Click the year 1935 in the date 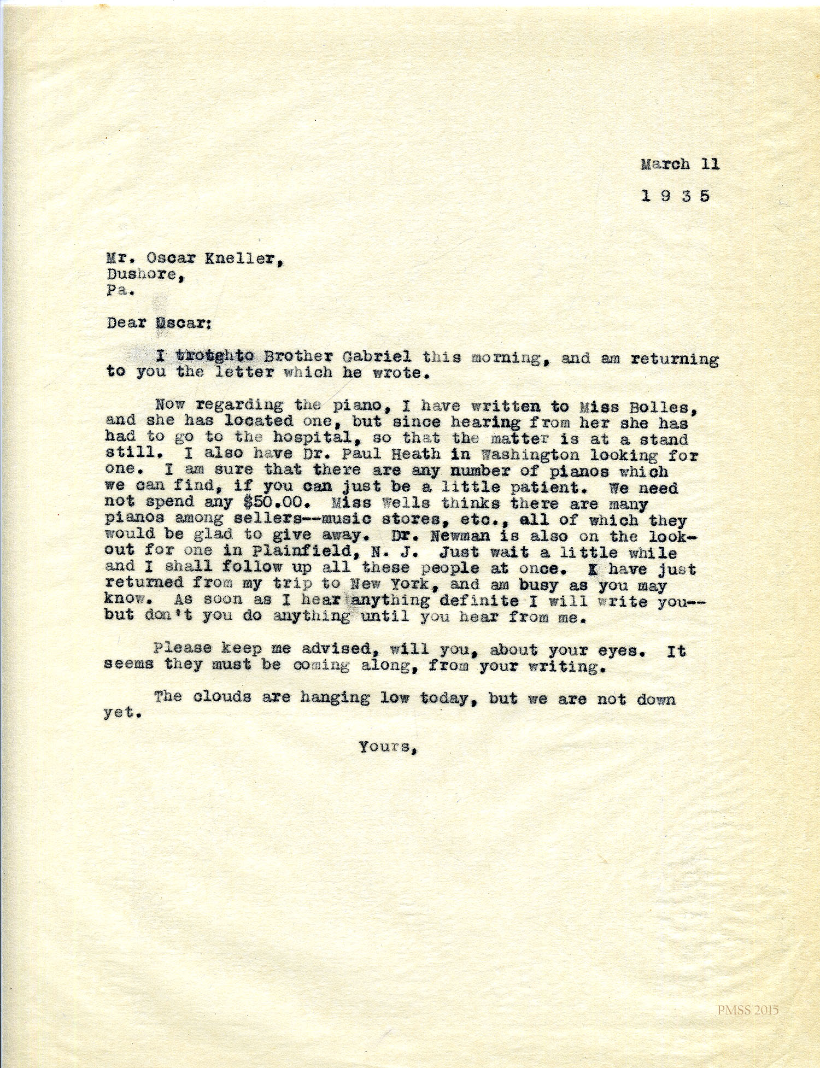(675, 196)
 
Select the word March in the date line (665, 164)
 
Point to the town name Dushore (142, 274)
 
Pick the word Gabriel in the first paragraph (377, 357)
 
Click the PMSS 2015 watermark (748, 1011)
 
